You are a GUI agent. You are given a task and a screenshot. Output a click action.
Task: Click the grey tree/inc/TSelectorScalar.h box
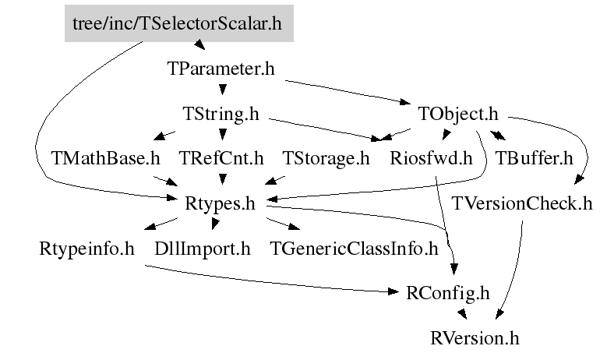(x=179, y=23)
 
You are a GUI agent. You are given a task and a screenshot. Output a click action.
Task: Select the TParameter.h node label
(x=221, y=69)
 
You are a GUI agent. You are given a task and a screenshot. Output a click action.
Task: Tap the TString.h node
(x=221, y=114)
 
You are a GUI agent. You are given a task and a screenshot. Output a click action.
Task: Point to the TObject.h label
(x=458, y=114)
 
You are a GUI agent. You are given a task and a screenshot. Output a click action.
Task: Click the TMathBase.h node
(x=105, y=158)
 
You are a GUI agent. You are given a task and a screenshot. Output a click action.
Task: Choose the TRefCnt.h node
(x=221, y=158)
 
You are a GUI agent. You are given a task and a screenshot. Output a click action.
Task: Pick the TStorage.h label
(x=326, y=158)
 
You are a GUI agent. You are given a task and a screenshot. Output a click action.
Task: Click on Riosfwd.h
(x=431, y=158)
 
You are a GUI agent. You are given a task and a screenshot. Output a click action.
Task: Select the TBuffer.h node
(x=534, y=158)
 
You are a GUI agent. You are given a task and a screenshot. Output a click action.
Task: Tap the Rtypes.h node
(x=220, y=203)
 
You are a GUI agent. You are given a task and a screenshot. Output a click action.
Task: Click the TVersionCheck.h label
(x=522, y=203)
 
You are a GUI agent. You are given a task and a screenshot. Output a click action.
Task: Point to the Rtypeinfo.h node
(x=86, y=249)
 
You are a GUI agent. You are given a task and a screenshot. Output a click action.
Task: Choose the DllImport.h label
(x=203, y=249)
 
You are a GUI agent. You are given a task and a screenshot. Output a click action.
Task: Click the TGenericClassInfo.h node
(x=354, y=249)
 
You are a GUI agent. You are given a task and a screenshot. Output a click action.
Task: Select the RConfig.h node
(x=448, y=293)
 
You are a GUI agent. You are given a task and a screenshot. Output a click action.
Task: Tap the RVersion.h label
(x=475, y=338)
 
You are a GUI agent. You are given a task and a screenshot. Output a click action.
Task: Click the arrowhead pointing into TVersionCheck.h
(x=579, y=179)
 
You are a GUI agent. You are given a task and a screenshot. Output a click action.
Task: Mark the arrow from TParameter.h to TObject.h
(x=348, y=92)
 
